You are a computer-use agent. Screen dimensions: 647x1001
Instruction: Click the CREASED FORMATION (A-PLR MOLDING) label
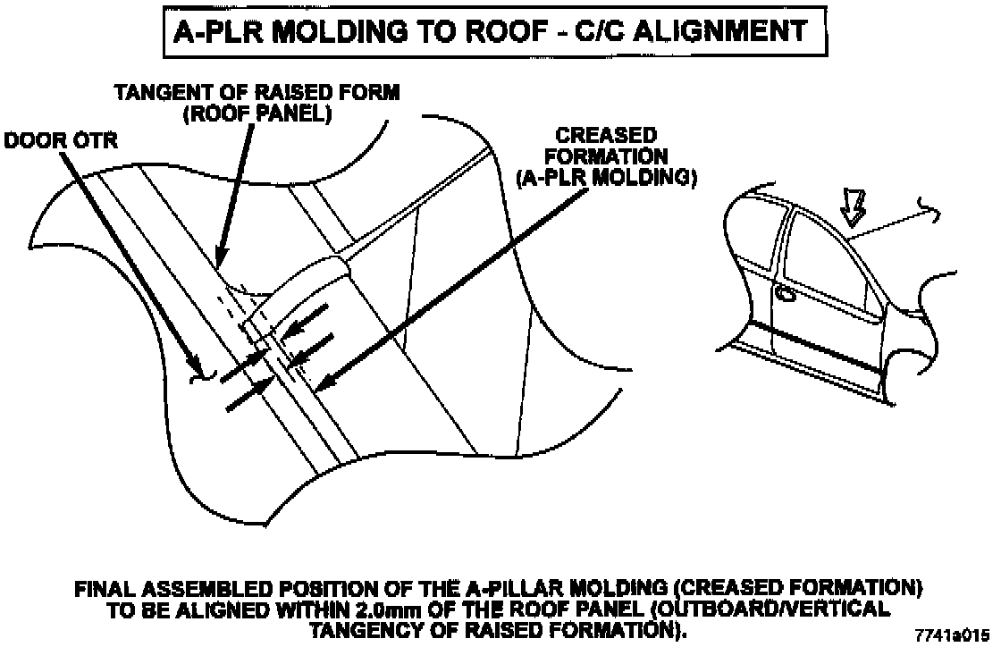[607, 156]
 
